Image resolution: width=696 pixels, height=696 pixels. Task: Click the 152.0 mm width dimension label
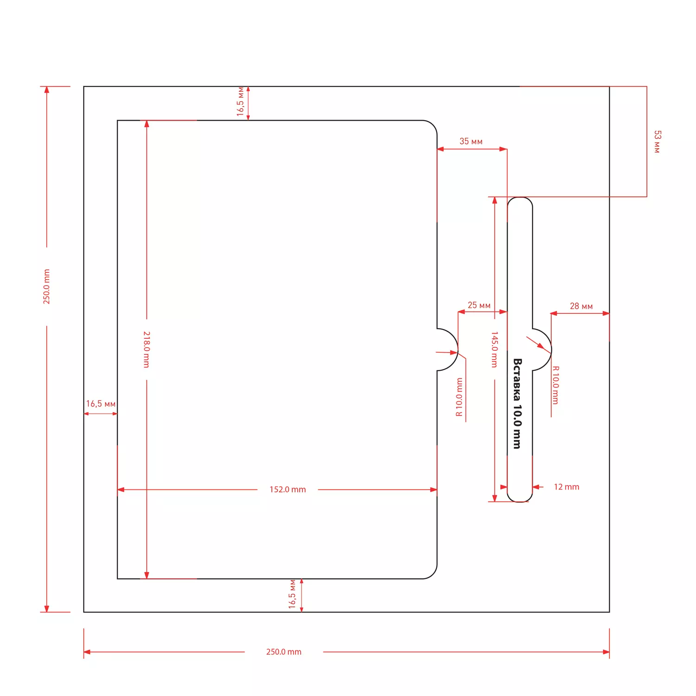click(x=288, y=490)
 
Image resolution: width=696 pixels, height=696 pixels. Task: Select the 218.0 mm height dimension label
click(x=147, y=349)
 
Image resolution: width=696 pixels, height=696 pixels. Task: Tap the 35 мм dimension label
click(x=471, y=141)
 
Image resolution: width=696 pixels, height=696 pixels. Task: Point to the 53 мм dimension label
click(x=657, y=142)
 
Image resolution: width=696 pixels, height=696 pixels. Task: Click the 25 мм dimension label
click(x=479, y=305)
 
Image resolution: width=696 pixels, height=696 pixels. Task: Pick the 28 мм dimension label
click(x=581, y=306)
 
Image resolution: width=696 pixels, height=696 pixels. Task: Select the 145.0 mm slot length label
click(x=495, y=349)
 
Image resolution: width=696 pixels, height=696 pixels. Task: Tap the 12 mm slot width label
click(x=567, y=487)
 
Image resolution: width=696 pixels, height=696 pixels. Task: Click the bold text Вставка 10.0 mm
click(x=517, y=403)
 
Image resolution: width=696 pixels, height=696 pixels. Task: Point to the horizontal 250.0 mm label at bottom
click(x=284, y=652)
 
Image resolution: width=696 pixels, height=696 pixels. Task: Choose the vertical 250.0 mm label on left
click(x=46, y=287)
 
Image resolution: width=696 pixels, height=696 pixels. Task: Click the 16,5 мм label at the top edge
click(x=240, y=101)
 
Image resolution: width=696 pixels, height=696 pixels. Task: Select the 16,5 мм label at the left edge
click(x=101, y=404)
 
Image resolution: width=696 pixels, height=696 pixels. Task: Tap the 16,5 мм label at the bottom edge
click(x=292, y=594)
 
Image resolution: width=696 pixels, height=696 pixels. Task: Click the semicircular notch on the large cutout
click(x=458, y=349)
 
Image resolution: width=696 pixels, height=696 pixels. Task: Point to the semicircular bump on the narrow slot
click(x=551, y=349)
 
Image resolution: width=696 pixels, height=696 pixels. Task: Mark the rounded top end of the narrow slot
click(x=520, y=198)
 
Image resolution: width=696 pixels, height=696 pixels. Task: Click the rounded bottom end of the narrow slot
click(x=520, y=502)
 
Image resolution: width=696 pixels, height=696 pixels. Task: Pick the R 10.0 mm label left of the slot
click(x=459, y=397)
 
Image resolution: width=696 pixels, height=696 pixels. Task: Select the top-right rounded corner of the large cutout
click(x=433, y=125)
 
